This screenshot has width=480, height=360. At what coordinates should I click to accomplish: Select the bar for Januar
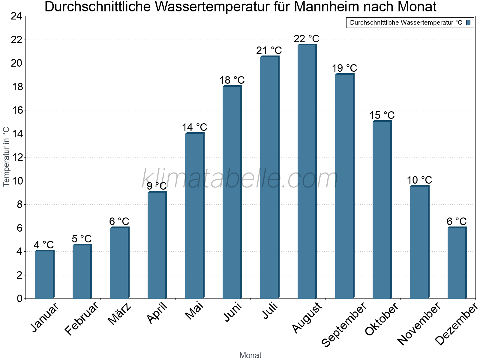click(x=44, y=274)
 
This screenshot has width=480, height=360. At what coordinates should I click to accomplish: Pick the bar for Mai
click(x=194, y=216)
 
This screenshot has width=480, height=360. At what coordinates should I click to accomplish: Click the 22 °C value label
click(x=306, y=39)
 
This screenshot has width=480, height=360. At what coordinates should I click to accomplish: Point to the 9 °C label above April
click(x=157, y=186)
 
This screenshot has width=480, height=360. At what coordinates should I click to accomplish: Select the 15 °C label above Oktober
click(x=382, y=115)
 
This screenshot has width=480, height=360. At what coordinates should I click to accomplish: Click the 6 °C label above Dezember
click(x=456, y=221)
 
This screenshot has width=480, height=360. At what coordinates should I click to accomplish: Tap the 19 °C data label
click(x=344, y=68)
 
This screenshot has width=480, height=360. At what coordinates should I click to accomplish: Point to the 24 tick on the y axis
click(x=16, y=16)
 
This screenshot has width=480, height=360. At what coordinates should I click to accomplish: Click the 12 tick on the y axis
click(x=16, y=157)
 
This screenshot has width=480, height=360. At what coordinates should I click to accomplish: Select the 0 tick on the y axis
click(x=19, y=298)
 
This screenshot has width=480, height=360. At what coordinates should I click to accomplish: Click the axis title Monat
click(x=250, y=355)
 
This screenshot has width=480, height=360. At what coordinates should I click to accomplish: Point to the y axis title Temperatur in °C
click(x=6, y=157)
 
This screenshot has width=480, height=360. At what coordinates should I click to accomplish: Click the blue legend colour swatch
click(x=468, y=22)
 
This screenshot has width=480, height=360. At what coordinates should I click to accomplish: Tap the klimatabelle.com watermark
click(x=240, y=178)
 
